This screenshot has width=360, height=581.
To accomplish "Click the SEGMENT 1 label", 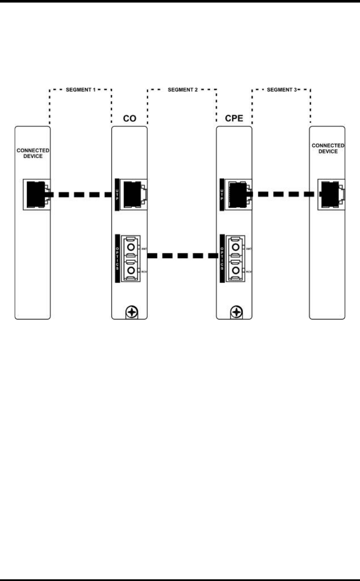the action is (x=81, y=90).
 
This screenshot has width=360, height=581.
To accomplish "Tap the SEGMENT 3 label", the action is (x=281, y=90).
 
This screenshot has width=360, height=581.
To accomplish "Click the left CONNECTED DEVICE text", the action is (x=33, y=153).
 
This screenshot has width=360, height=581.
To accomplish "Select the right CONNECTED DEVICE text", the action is (x=328, y=148).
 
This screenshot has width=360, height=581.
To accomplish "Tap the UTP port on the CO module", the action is (x=133, y=195).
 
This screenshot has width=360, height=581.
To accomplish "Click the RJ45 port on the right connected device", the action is (x=331, y=195).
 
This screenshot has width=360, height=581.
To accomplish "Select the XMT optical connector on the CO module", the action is (x=131, y=247).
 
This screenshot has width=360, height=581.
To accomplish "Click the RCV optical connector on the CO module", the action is (x=131, y=270).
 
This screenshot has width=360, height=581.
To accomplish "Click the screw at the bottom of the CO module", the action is (x=133, y=313).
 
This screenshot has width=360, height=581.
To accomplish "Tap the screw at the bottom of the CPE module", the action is (x=236, y=313).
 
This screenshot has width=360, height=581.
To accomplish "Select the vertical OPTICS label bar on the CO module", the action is (x=117, y=258).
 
